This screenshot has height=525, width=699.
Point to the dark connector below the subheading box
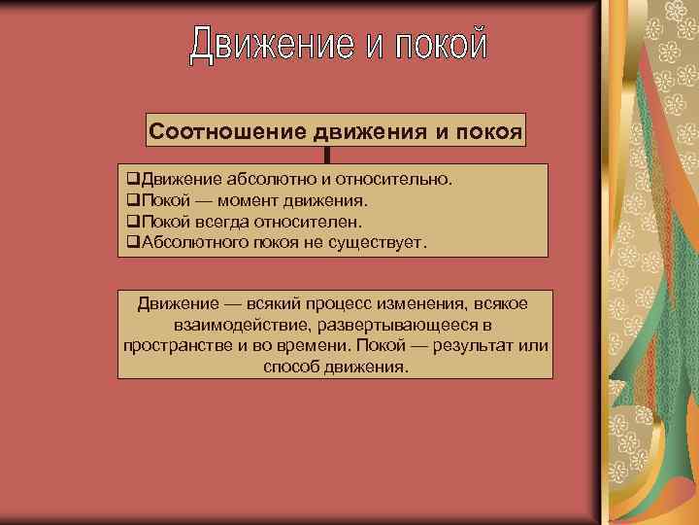[328, 156]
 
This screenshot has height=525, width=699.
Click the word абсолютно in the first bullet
[264, 180]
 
